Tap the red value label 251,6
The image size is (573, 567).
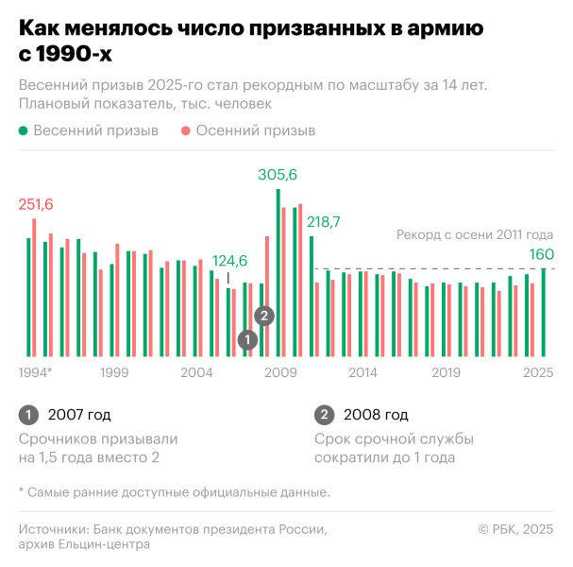point(36,205)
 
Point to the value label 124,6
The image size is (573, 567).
point(229,261)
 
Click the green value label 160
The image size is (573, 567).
point(541,254)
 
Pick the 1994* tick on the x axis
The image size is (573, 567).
point(36,372)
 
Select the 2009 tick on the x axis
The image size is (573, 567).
point(280,372)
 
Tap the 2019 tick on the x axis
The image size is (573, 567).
point(446,372)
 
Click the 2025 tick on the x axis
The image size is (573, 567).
point(538,372)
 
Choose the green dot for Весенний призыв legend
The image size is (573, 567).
point(23,131)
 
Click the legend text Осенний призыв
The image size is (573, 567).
point(256,131)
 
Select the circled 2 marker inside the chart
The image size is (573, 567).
point(265,316)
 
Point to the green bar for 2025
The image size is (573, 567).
point(543,312)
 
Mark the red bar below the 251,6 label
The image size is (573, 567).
point(34,287)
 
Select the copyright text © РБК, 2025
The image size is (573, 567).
point(515,529)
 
